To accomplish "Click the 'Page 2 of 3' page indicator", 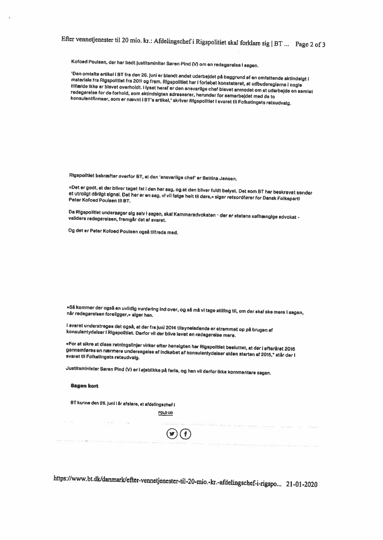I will click(x=310, y=44).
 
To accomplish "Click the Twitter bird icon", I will click(x=172, y=434).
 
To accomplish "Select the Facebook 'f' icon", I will click(x=185, y=434).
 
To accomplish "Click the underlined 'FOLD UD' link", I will click(x=165, y=413).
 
